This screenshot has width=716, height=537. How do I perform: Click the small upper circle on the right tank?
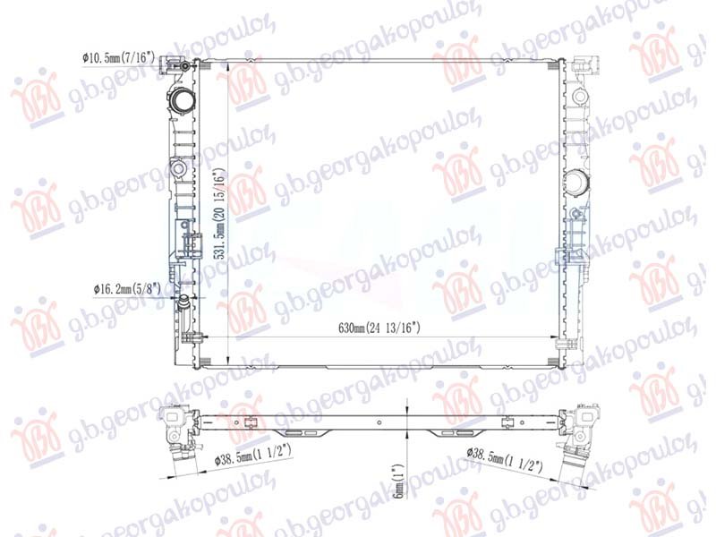pos(576,97)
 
